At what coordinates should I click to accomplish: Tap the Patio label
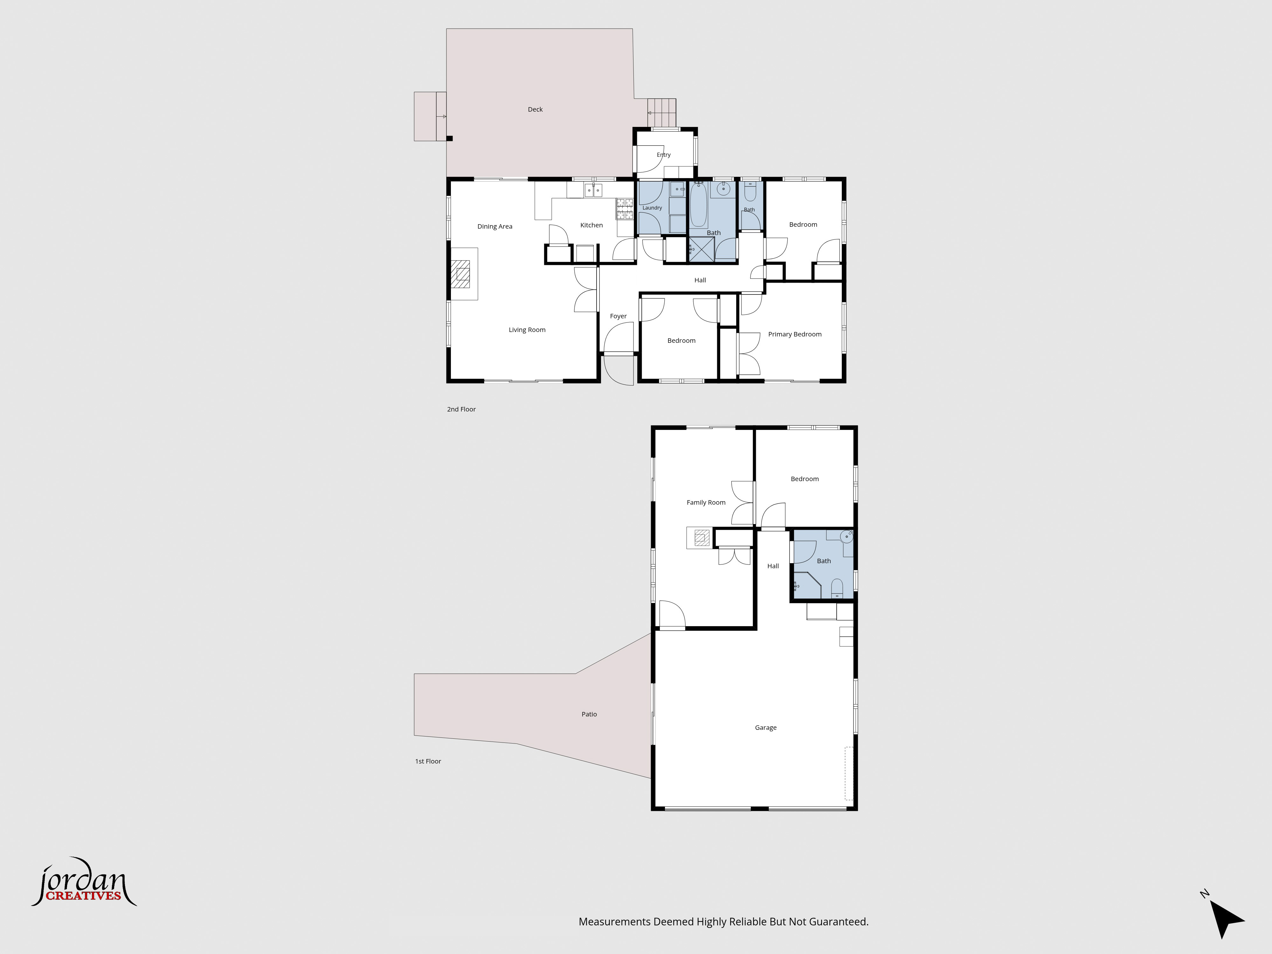coord(589,714)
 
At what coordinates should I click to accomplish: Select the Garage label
coord(765,728)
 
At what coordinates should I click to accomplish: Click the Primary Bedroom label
coord(795,334)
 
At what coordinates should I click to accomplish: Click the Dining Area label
coord(494,226)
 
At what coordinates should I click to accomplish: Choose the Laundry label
coord(652,208)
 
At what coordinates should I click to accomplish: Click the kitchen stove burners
coord(625,209)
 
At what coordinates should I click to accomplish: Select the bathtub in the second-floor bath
coord(699,205)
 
